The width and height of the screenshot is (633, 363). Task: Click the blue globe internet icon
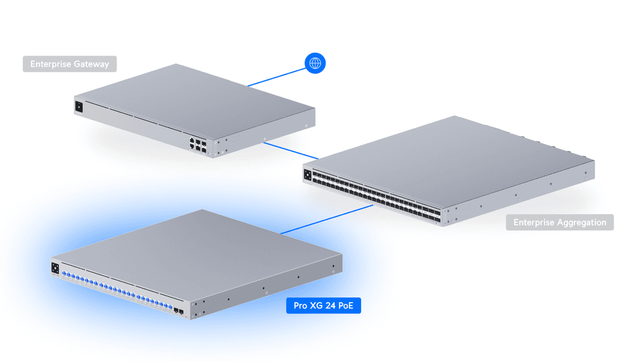click(315, 63)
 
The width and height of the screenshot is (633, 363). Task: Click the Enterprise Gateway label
click(70, 64)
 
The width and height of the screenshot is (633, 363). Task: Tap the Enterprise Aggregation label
click(560, 222)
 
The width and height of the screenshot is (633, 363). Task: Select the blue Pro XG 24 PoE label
click(323, 306)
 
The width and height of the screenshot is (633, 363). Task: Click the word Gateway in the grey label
click(91, 64)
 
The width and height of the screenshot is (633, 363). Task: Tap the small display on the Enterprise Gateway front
click(79, 107)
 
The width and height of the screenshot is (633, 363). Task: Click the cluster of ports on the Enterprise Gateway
click(198, 145)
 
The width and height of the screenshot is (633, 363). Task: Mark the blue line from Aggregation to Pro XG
click(326, 220)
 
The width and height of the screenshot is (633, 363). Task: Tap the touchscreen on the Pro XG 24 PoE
click(56, 268)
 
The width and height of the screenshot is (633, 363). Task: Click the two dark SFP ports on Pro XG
click(177, 311)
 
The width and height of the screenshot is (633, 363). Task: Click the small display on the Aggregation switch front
click(308, 174)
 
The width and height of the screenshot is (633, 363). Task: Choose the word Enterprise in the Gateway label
click(51, 64)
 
